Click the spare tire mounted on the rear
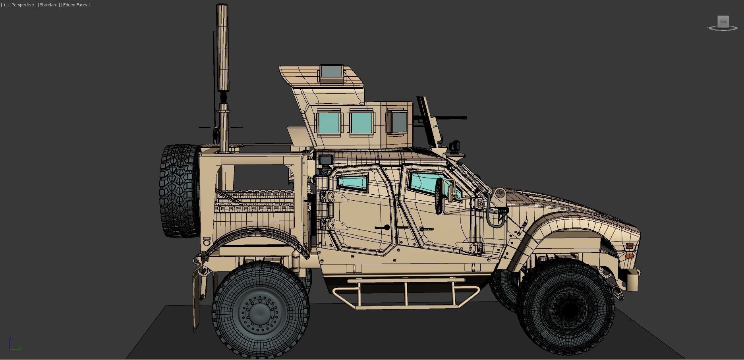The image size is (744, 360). point(180,191)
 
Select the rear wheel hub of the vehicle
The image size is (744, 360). point(260,314)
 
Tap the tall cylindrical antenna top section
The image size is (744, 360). point(222,48)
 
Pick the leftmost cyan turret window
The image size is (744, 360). point(329,123)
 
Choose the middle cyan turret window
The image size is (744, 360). point(361,123)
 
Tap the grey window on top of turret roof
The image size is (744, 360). point(331,72)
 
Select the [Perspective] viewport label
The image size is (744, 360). point(23,5)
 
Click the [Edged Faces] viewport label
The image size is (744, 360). point(75,5)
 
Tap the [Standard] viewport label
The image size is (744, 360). point(49,5)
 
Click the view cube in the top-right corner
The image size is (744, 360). point(723,22)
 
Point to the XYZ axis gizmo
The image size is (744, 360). point(14,345)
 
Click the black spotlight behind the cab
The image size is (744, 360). point(326,160)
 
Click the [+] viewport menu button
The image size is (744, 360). point(4,5)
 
